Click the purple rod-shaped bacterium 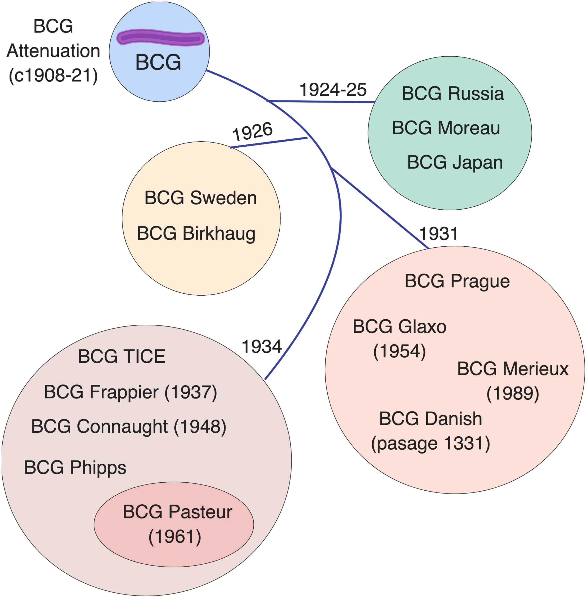pyautogui.click(x=160, y=38)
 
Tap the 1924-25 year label pyautogui.click(x=333, y=90)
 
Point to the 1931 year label pyautogui.click(x=438, y=234)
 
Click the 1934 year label pyautogui.click(x=262, y=347)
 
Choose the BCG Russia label pyautogui.click(x=452, y=93)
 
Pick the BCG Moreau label pyautogui.click(x=446, y=128)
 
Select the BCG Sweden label pyautogui.click(x=200, y=198)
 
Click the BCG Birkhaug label pyautogui.click(x=196, y=233)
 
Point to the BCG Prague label pyautogui.click(x=457, y=281)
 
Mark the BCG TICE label pyautogui.click(x=122, y=356)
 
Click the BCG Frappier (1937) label pyautogui.click(x=131, y=392)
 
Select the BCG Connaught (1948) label pyautogui.click(x=129, y=427)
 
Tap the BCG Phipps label pyautogui.click(x=75, y=468)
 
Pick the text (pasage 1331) pyautogui.click(x=430, y=444)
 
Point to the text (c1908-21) pyautogui.click(x=53, y=75)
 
